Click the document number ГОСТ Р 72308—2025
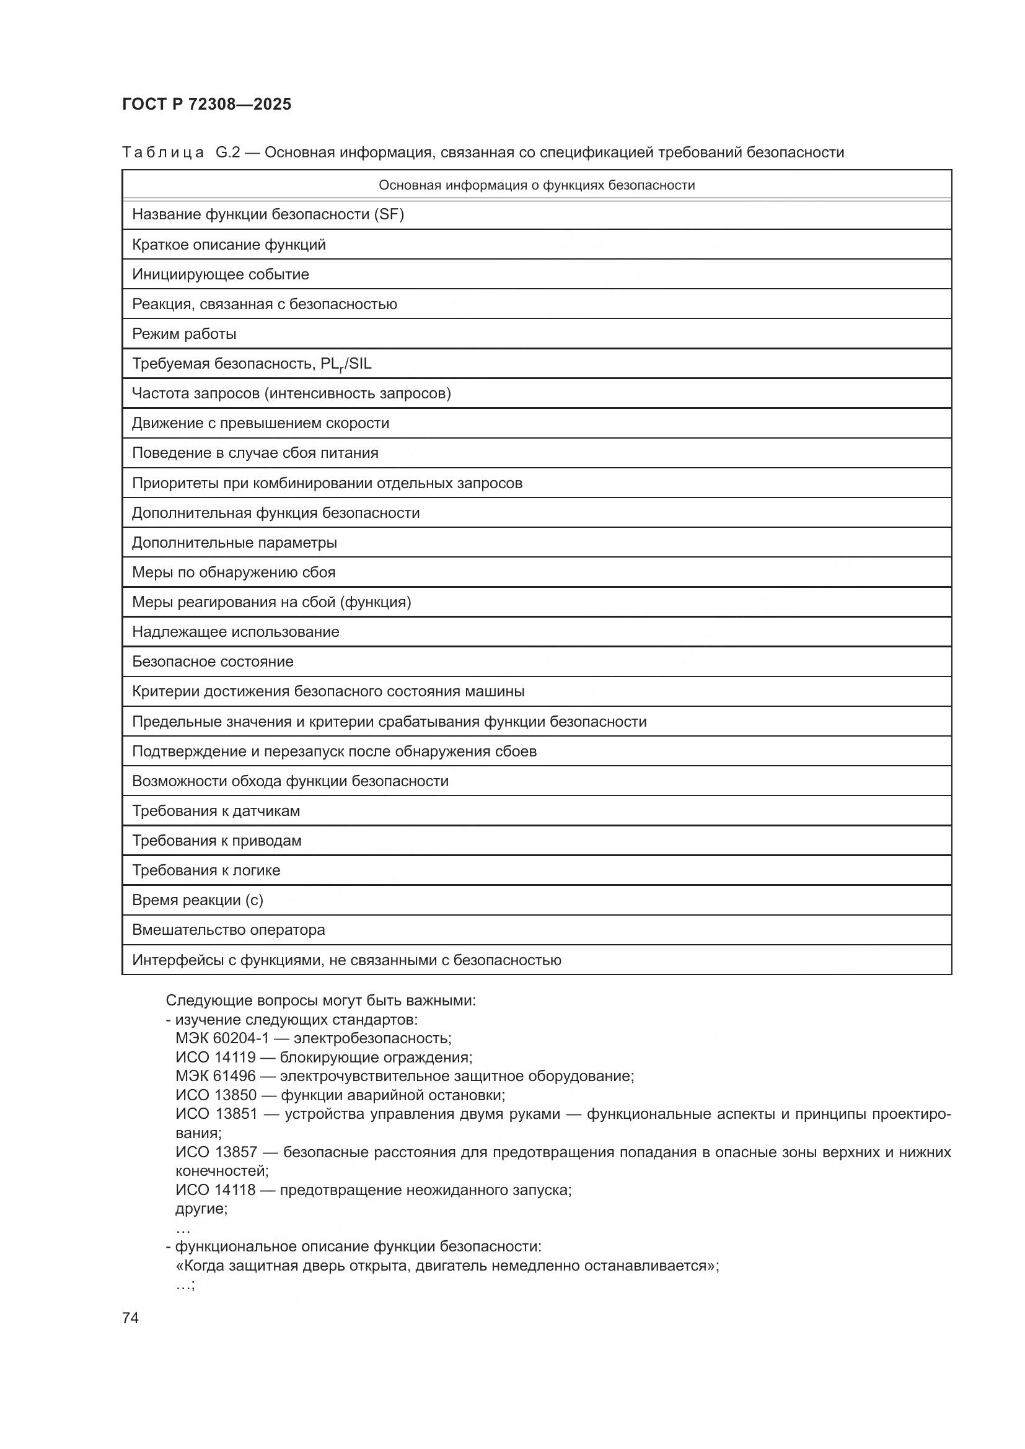(x=206, y=104)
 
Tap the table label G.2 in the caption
(x=228, y=152)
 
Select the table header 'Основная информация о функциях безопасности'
(x=537, y=185)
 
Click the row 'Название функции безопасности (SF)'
(x=268, y=214)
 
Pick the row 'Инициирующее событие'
(x=220, y=274)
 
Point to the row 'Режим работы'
(x=183, y=334)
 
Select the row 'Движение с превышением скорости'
(x=260, y=424)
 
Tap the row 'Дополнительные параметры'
(x=234, y=543)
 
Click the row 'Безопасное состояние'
(x=213, y=662)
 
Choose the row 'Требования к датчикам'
(x=216, y=811)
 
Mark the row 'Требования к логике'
(x=206, y=870)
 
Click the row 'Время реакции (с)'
(x=198, y=900)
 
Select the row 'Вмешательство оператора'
(x=229, y=930)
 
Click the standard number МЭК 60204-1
(x=222, y=1038)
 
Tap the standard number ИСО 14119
(x=215, y=1057)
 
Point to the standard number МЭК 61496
(x=215, y=1076)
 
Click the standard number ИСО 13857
(x=216, y=1152)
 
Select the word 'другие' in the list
(x=201, y=1209)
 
